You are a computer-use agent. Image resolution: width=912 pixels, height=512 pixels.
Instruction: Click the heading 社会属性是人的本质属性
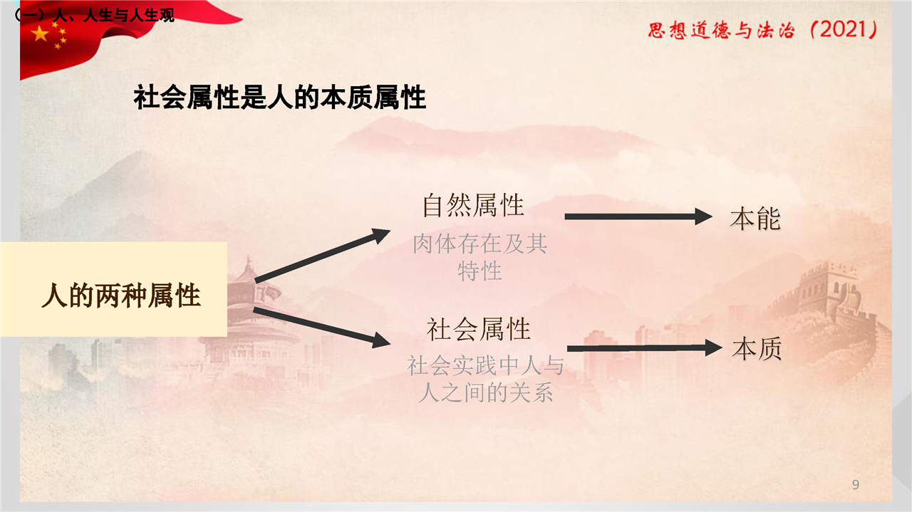(x=280, y=98)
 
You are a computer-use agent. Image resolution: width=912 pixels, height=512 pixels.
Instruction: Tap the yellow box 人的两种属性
(x=113, y=289)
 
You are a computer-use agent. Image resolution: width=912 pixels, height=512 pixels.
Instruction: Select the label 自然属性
(x=473, y=206)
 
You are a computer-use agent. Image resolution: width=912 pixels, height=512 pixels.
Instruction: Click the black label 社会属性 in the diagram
(x=478, y=329)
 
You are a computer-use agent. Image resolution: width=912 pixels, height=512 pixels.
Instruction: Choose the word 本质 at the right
(x=757, y=348)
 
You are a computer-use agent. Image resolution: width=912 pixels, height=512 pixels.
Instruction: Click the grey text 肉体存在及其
(x=480, y=244)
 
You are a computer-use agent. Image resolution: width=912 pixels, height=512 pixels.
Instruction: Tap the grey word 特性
(x=480, y=271)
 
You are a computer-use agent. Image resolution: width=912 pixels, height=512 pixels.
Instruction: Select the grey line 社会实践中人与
(x=485, y=365)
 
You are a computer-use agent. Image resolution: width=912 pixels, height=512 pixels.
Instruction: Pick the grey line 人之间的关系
(x=485, y=392)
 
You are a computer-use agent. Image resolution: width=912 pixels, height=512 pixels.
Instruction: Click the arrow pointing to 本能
(x=638, y=216)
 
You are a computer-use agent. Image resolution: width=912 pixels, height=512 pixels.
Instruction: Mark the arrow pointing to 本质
(x=645, y=348)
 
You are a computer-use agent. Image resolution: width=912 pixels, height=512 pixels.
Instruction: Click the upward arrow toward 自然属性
(x=323, y=256)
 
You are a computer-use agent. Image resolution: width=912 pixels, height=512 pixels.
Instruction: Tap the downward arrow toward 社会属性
(x=321, y=328)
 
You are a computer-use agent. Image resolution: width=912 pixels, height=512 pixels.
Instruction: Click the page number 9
(x=856, y=484)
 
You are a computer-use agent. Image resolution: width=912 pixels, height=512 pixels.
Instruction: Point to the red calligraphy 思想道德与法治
(x=721, y=31)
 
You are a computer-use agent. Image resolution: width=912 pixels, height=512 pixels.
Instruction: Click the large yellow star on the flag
(x=39, y=33)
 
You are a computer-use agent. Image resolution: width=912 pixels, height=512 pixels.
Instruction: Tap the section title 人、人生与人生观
(x=113, y=16)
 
